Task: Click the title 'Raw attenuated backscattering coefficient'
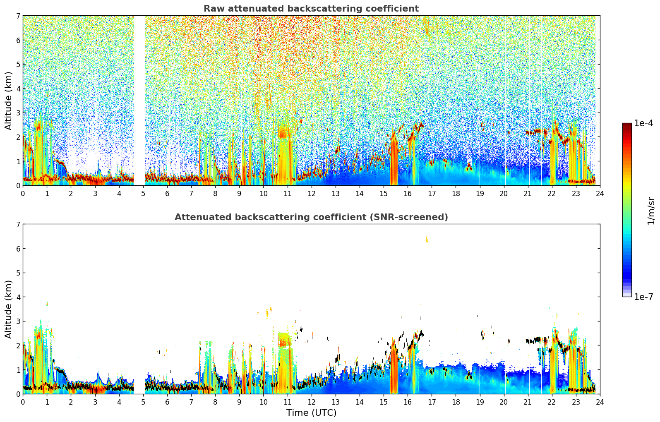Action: (x=311, y=9)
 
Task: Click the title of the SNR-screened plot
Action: (x=311, y=217)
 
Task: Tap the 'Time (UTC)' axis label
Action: (x=311, y=413)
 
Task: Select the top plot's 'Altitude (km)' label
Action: (x=8, y=101)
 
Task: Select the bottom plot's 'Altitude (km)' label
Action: (x=8, y=309)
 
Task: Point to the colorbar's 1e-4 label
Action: (x=643, y=123)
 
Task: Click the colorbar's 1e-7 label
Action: (x=643, y=297)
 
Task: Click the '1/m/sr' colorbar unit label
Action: (x=651, y=211)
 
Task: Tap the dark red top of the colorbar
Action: (x=627, y=125)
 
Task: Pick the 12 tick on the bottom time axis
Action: (x=311, y=402)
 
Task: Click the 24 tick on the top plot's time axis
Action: (x=600, y=193)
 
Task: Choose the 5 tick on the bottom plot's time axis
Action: (x=143, y=402)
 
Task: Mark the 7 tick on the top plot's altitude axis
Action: (x=18, y=16)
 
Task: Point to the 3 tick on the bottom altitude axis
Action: (x=18, y=321)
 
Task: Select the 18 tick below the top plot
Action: (x=456, y=193)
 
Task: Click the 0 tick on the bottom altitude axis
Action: (x=18, y=394)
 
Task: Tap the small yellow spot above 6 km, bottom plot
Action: (x=427, y=239)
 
